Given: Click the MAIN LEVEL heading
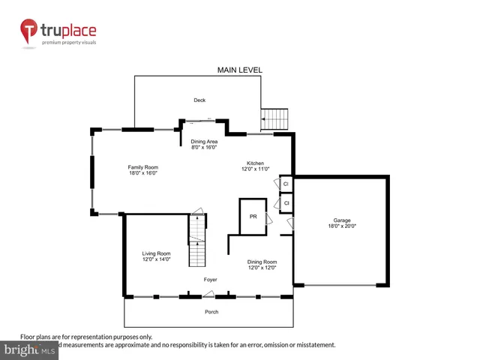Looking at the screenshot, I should click(x=240, y=70).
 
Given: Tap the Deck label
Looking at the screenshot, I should click(x=199, y=100).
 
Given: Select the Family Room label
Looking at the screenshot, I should click(x=142, y=166).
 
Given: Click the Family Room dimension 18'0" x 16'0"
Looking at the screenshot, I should click(x=142, y=172).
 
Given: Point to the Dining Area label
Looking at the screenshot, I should click(x=204, y=142).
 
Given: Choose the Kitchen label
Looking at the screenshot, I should click(x=255, y=163).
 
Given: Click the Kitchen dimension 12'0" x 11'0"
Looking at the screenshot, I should click(x=255, y=169).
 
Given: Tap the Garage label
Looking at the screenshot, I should click(x=342, y=220).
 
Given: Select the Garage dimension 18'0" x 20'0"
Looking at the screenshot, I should click(x=342, y=226).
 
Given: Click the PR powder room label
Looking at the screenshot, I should click(x=253, y=217).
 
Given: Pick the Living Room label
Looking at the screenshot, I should click(x=157, y=253).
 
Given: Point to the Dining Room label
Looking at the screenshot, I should click(x=262, y=262).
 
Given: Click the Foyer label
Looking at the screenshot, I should click(x=211, y=279).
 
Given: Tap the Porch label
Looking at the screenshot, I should click(x=211, y=312).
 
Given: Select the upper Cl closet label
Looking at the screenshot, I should click(x=286, y=183).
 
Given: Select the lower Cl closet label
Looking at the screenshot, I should click(x=286, y=202).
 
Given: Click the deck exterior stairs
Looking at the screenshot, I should click(x=275, y=118).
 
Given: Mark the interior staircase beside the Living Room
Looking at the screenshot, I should click(x=196, y=240).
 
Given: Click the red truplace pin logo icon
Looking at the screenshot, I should click(x=28, y=32).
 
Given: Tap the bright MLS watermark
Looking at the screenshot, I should click(x=30, y=349).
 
